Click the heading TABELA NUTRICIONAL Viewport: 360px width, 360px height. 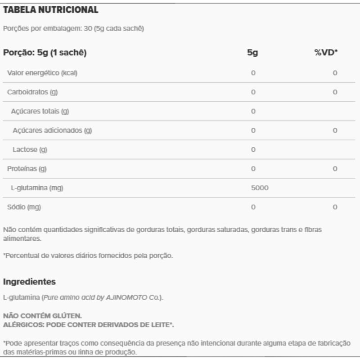(x=50, y=9)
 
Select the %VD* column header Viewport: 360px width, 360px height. (x=326, y=53)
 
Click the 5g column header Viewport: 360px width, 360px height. (x=252, y=53)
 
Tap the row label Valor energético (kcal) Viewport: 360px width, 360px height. (x=42, y=73)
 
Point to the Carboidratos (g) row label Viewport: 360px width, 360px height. (x=33, y=92)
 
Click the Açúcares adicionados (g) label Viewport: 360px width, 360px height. (x=52, y=130)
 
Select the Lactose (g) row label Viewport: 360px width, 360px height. (x=31, y=149)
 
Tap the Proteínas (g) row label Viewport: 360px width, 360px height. (x=27, y=169)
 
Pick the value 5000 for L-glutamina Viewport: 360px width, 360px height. (x=260, y=188)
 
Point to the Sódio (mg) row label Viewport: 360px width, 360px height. (x=24, y=207)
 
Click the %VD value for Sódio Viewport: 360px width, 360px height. (x=335, y=207)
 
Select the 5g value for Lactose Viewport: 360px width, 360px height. (x=253, y=149)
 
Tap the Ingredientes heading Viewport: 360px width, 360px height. (x=29, y=282)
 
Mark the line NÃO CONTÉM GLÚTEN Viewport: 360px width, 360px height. (x=43, y=316)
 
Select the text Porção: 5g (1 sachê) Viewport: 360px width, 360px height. (x=45, y=53)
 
